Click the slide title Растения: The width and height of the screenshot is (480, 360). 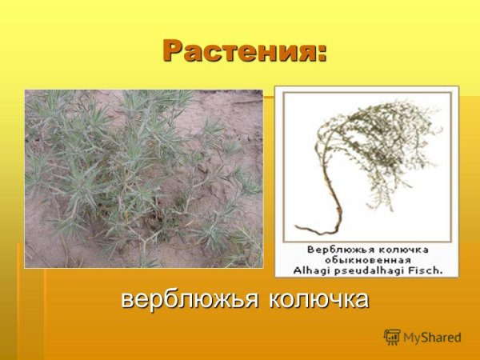(x=245, y=50)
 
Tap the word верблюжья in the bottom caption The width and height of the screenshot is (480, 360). (x=188, y=300)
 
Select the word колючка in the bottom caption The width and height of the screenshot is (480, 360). (x=318, y=300)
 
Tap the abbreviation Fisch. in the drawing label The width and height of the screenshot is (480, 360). (x=425, y=270)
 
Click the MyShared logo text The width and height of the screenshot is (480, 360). (x=432, y=338)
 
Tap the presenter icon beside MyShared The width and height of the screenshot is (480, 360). (x=392, y=337)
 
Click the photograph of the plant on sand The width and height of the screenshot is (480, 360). (x=143, y=178)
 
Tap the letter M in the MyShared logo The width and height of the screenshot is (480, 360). (x=410, y=338)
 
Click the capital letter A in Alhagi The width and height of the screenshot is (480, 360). (x=298, y=270)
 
